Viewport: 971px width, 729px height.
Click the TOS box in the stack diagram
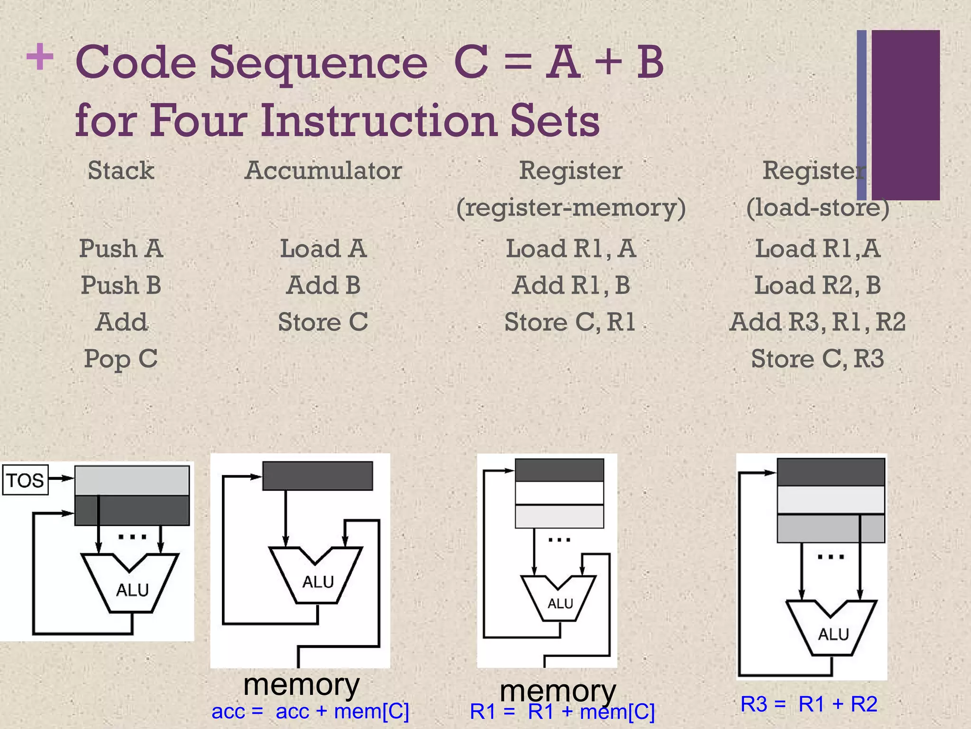point(25,480)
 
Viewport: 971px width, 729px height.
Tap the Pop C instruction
point(120,359)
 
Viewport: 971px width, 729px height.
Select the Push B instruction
point(121,285)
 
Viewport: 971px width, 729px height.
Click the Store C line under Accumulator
point(323,322)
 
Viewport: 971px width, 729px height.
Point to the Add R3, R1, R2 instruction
point(817,322)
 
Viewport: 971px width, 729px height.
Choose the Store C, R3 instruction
point(817,359)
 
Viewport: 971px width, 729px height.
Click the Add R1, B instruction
point(571,285)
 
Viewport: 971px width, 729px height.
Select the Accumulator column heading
point(323,170)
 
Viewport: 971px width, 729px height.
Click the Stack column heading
point(121,170)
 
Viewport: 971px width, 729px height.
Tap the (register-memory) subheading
point(571,207)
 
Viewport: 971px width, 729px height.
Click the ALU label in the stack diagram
point(132,590)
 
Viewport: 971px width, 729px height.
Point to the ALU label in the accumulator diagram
point(318,582)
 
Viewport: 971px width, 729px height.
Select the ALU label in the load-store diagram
point(833,634)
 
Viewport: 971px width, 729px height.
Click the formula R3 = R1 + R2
point(809,704)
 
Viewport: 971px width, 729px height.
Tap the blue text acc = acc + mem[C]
point(310,711)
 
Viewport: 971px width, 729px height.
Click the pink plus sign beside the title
point(40,57)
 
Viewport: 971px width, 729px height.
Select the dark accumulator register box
point(318,476)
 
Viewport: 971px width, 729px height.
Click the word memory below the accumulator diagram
point(302,684)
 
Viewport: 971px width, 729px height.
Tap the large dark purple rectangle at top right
point(906,115)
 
